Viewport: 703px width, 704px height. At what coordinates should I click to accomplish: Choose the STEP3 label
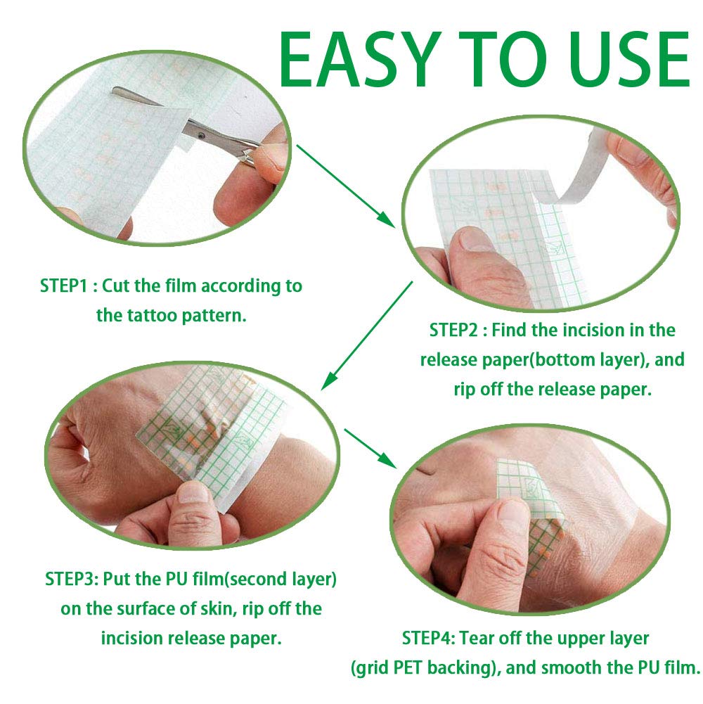[x=71, y=580]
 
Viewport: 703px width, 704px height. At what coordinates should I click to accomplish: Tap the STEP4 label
[x=428, y=639]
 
